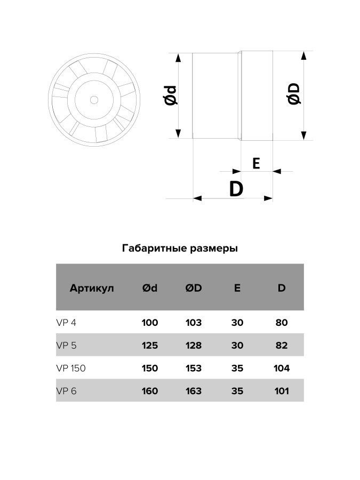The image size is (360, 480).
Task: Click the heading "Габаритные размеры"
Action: (180, 248)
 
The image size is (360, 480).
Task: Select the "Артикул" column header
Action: (92, 288)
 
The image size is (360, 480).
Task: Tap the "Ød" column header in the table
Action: (150, 288)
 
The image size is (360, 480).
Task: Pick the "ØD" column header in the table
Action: (194, 288)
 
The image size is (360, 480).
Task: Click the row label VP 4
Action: (67, 322)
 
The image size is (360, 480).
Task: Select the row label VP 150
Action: (71, 368)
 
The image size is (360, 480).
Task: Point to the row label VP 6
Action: (67, 391)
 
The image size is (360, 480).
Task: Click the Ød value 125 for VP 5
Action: (150, 345)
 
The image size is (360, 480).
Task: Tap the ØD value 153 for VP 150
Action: (194, 368)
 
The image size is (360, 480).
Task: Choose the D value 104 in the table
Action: (281, 368)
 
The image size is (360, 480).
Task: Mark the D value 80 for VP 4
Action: (282, 322)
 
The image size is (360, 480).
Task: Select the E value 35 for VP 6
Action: (237, 391)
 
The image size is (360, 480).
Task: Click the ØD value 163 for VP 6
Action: (194, 391)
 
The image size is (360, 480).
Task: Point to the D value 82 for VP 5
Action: (282, 345)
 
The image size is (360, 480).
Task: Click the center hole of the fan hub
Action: (94, 100)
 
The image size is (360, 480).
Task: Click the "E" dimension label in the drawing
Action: (256, 164)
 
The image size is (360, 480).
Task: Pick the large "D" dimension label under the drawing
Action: (235, 188)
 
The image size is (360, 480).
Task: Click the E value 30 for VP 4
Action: (237, 322)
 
